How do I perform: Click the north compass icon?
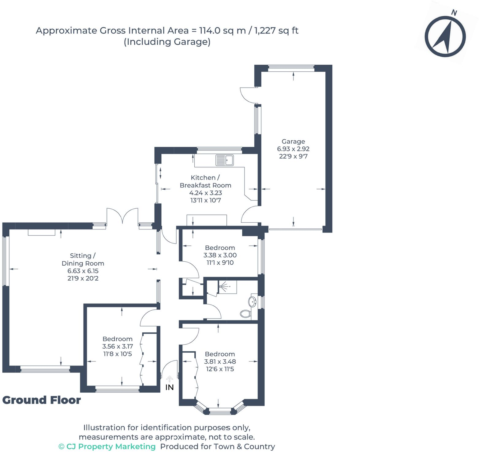pyautogui.click(x=445, y=36)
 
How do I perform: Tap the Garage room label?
pyautogui.click(x=293, y=142)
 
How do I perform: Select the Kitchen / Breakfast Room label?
pyautogui.click(x=205, y=181)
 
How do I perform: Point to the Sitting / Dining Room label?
pyautogui.click(x=83, y=259)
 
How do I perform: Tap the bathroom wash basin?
pyautogui.click(x=253, y=301)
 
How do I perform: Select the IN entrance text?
pyautogui.click(x=169, y=388)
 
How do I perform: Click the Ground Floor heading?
pyautogui.click(x=42, y=400)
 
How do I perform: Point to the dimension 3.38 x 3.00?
pyautogui.click(x=220, y=255)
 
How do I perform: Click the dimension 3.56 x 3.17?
pyautogui.click(x=118, y=346)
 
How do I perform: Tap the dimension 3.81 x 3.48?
pyautogui.click(x=220, y=361)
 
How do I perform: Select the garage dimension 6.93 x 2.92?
pyautogui.click(x=293, y=149)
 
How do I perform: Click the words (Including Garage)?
pyautogui.click(x=167, y=42)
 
